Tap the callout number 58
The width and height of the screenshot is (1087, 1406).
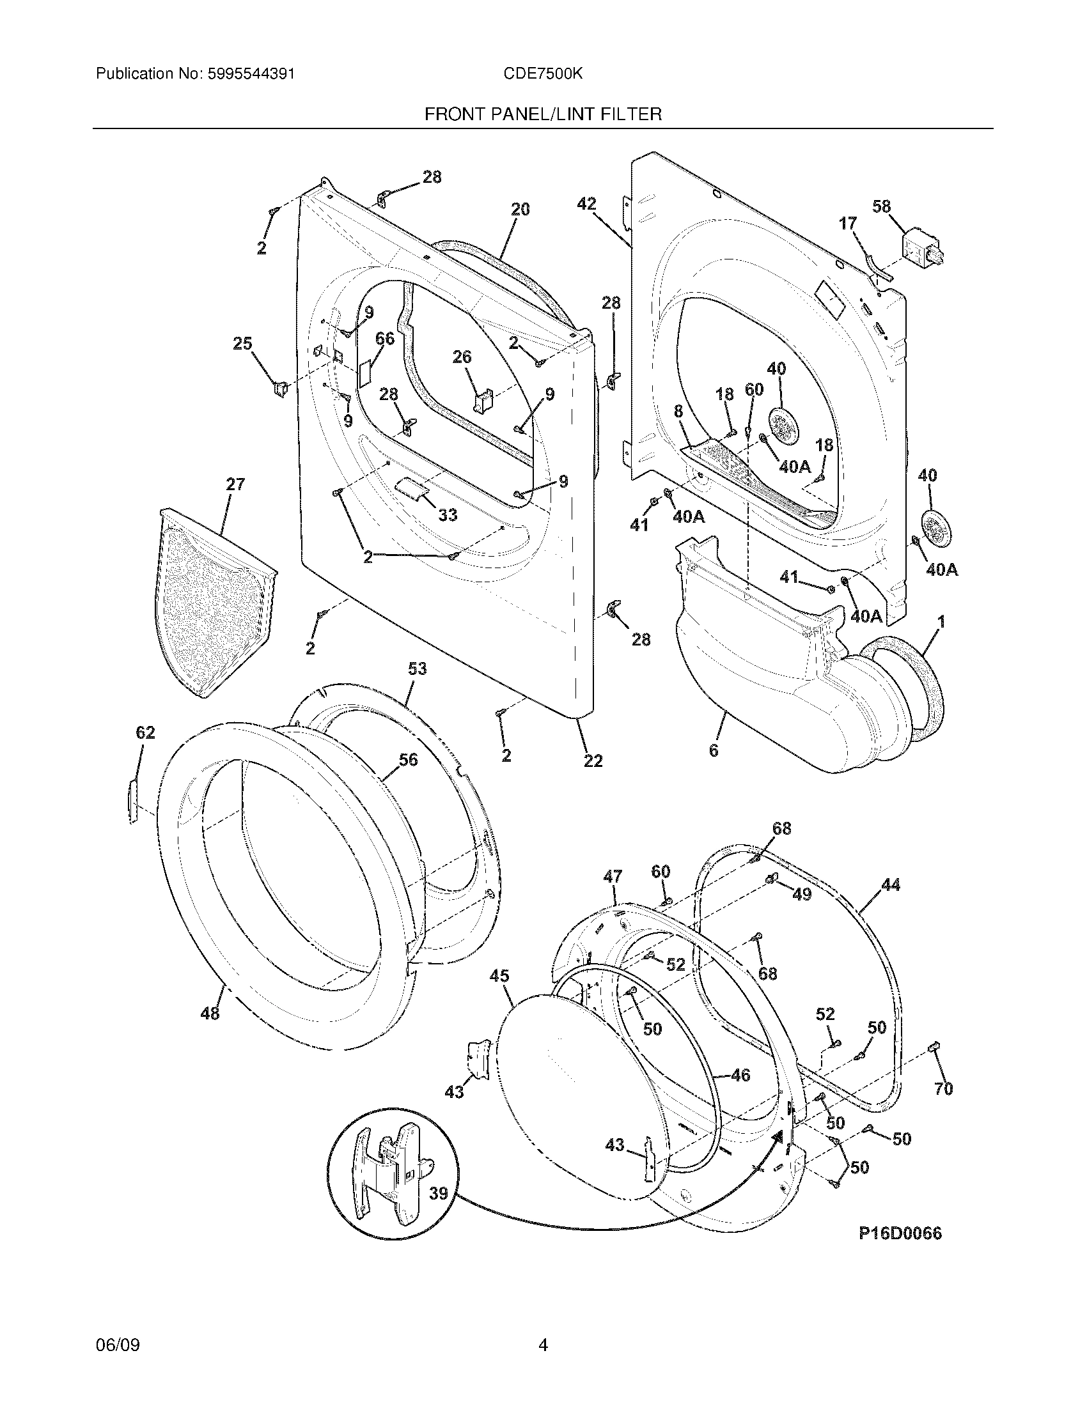tap(881, 206)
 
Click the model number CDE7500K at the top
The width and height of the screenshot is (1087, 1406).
tap(543, 74)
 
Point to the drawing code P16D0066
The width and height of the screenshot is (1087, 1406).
tap(900, 1233)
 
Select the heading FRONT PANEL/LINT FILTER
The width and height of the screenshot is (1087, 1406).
tap(543, 114)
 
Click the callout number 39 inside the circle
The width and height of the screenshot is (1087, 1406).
tap(439, 1194)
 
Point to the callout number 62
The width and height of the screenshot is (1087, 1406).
tap(146, 732)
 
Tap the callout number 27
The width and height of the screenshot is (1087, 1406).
tap(235, 484)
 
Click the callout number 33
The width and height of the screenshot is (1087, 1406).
tap(448, 515)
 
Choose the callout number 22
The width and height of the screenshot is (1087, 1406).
tap(593, 761)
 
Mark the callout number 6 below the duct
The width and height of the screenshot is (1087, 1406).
tap(714, 750)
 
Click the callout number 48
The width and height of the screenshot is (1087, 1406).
tap(210, 1014)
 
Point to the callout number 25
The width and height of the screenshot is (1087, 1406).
tap(242, 344)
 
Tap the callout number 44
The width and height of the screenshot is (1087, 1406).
tap(891, 886)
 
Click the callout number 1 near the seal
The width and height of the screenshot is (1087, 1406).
tap(941, 622)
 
